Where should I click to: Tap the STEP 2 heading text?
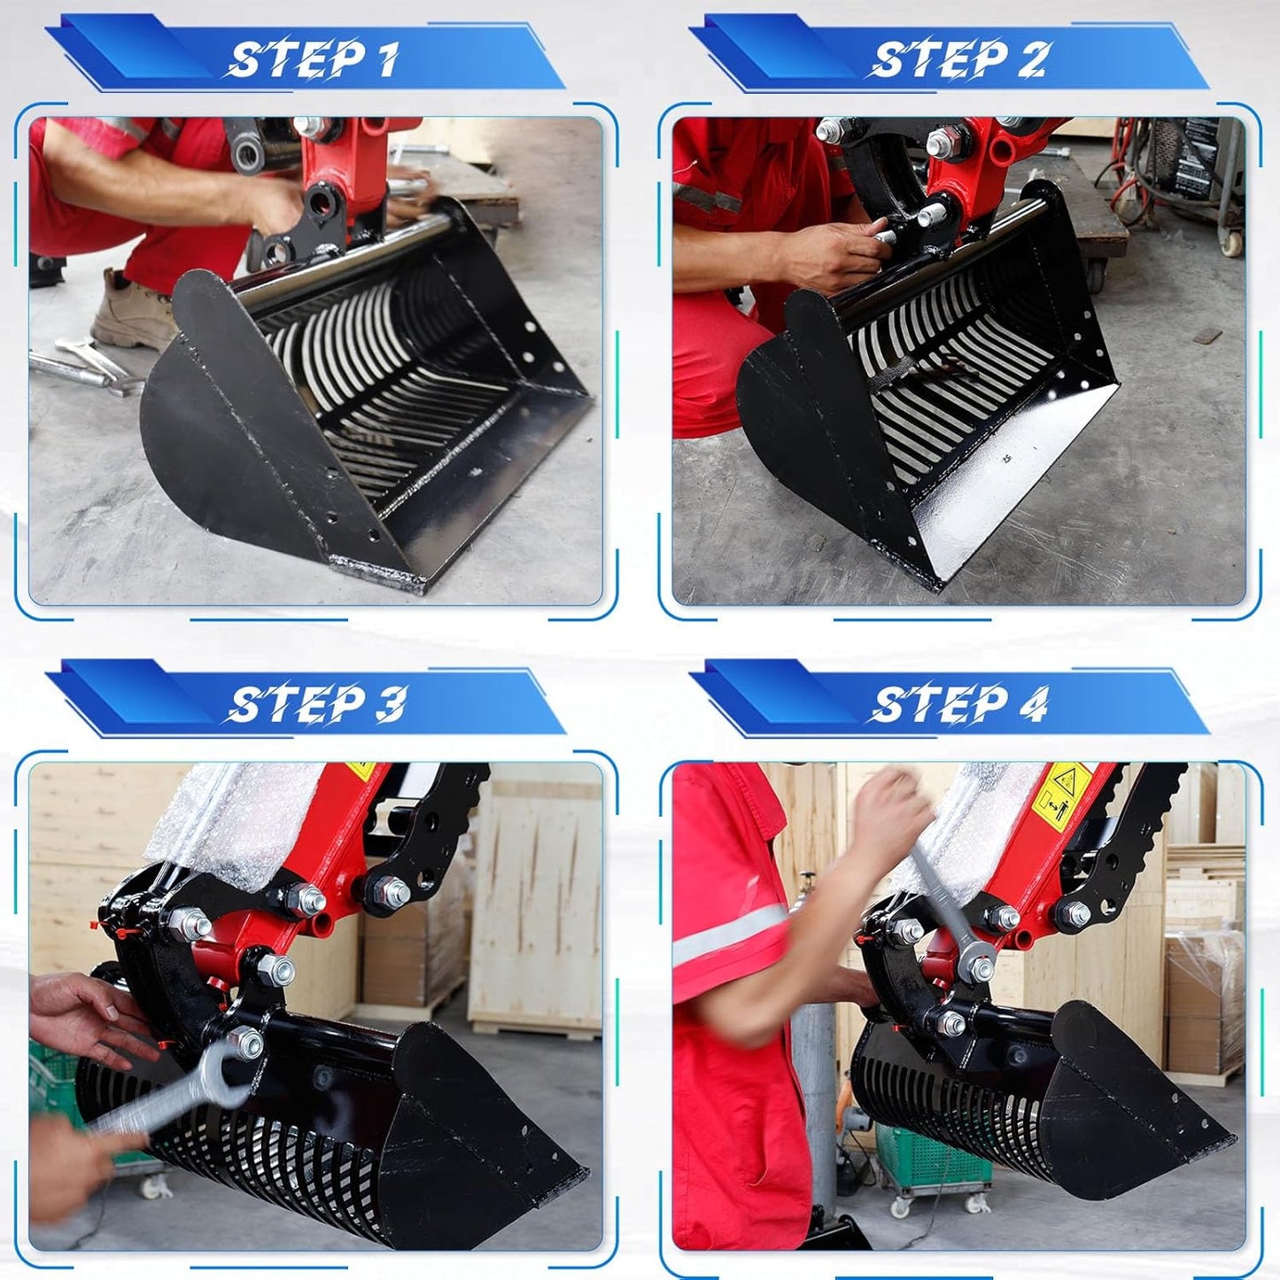coord(959,59)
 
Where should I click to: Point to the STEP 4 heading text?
coord(959,704)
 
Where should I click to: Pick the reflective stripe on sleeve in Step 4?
coord(726,939)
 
